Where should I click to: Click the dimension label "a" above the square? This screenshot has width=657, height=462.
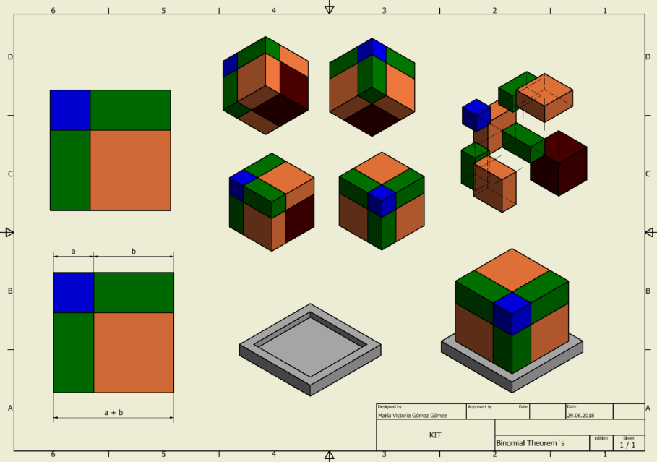pyautogui.click(x=73, y=252)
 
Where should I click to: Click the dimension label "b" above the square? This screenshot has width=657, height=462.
pyautogui.click(x=134, y=251)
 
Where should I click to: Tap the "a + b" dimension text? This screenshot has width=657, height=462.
pyautogui.click(x=113, y=413)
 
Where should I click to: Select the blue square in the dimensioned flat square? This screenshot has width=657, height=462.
pyautogui.click(x=74, y=293)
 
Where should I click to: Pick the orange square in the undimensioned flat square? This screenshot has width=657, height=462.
pyautogui.click(x=130, y=170)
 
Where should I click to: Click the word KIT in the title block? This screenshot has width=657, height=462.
pyautogui.click(x=435, y=435)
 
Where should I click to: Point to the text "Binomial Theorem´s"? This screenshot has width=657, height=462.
pyautogui.click(x=530, y=443)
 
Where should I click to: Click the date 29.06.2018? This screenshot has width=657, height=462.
pyautogui.click(x=580, y=416)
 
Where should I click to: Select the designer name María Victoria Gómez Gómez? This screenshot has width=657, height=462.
pyautogui.click(x=412, y=416)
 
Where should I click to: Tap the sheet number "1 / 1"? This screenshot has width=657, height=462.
pyautogui.click(x=627, y=445)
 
